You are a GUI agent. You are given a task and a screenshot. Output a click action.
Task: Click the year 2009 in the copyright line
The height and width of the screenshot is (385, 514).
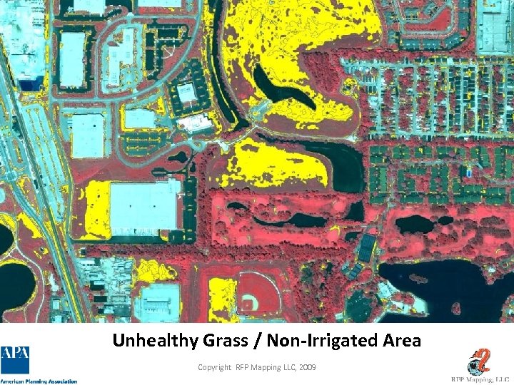(308, 366)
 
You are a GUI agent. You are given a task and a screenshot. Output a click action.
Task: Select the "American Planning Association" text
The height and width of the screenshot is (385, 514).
(39, 381)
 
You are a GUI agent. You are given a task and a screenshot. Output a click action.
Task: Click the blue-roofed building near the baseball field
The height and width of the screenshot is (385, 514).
(366, 247)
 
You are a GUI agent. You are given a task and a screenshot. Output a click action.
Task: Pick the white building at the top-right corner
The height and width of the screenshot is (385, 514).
(493, 29)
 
